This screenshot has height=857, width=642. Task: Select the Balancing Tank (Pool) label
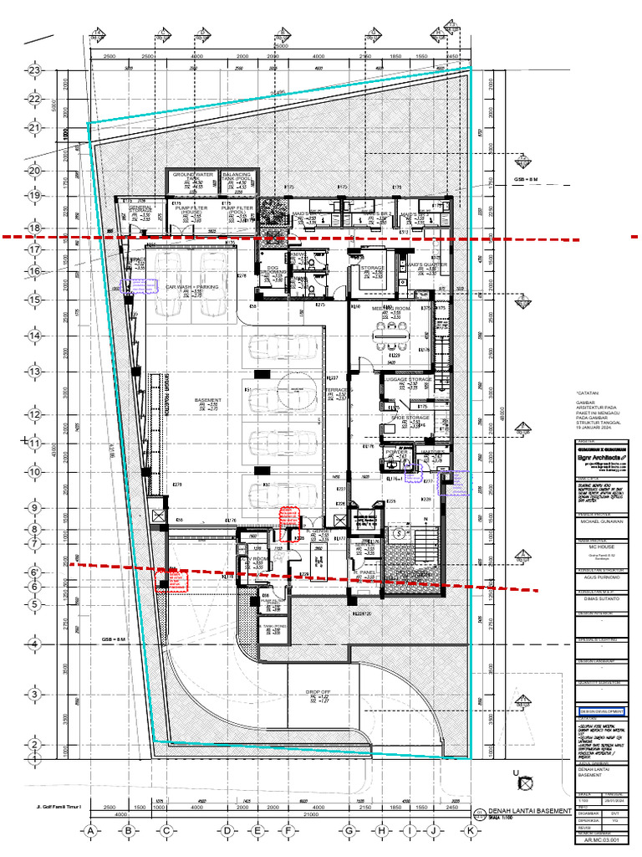click(x=238, y=176)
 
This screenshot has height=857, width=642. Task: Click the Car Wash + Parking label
click(x=191, y=286)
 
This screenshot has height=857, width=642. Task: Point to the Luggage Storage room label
click(x=409, y=379)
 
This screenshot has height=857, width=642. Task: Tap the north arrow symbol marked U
click(x=525, y=784)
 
